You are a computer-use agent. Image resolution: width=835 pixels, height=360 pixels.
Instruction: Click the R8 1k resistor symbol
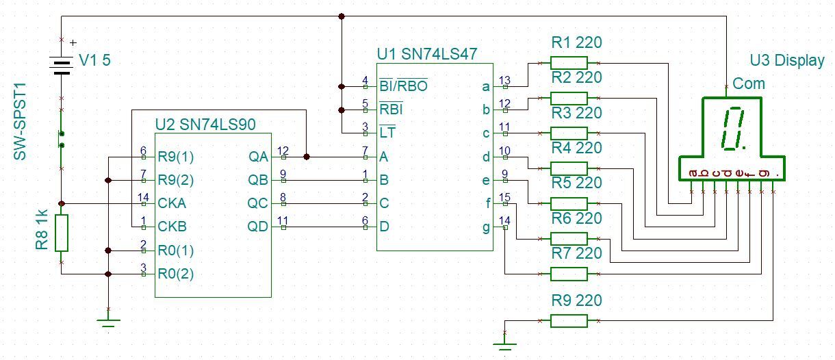62,233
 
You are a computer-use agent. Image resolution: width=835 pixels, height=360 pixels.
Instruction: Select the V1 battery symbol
62,66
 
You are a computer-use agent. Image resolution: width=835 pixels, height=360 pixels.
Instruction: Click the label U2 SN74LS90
205,124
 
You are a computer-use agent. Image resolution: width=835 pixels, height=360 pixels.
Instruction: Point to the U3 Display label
787,60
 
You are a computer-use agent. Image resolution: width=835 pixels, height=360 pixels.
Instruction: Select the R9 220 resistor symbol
569,321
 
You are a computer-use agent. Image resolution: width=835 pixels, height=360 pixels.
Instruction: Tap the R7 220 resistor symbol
569,274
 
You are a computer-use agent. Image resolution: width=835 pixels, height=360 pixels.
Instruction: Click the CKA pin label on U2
172,203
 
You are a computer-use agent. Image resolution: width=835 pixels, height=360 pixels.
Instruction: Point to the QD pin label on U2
258,227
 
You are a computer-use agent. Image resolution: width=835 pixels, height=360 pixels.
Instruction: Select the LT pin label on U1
387,133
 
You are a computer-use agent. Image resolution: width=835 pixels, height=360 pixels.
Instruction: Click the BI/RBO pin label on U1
403,86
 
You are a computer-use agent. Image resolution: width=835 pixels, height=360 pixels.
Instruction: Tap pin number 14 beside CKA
143,198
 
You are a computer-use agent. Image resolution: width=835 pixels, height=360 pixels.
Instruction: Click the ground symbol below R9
504,342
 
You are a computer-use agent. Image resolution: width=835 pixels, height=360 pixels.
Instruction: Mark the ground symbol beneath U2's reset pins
108,320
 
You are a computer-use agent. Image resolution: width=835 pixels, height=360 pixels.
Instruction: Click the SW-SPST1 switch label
21,122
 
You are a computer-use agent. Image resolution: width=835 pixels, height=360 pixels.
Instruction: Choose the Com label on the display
749,83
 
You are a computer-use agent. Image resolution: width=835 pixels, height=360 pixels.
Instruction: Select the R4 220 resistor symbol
569,168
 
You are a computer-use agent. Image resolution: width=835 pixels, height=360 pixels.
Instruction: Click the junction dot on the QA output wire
306,157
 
